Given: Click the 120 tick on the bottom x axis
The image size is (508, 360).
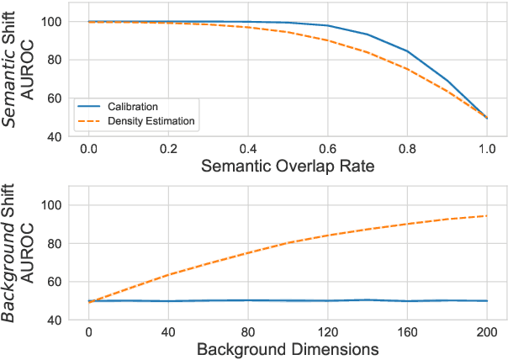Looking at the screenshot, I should (328, 331).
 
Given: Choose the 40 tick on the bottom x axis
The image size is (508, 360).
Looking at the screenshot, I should (168, 331).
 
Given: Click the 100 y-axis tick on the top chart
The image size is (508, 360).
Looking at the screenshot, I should (53, 22).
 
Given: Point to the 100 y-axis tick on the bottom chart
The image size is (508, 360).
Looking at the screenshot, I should (53, 205).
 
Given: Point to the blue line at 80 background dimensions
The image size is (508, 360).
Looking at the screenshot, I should (248, 300).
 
